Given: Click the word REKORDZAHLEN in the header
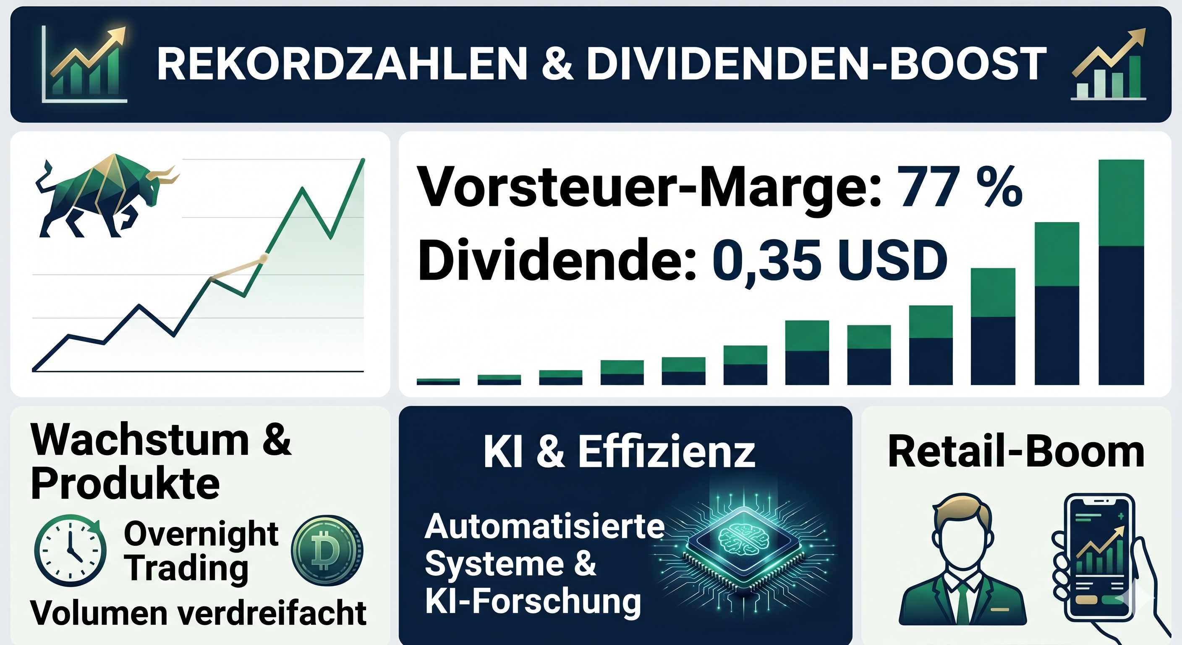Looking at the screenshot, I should (342, 64).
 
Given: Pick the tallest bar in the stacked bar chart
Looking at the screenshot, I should (1121, 272).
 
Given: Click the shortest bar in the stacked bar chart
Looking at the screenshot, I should (438, 381).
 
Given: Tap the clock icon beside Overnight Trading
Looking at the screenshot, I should (70, 550).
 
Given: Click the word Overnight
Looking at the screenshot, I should (201, 534).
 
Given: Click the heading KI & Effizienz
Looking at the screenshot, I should (619, 452).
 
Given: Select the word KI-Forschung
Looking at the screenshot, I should (533, 601).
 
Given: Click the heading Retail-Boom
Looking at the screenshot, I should (1016, 452).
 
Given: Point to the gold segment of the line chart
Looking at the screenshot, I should (237, 269).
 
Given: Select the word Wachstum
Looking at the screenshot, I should (139, 440).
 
